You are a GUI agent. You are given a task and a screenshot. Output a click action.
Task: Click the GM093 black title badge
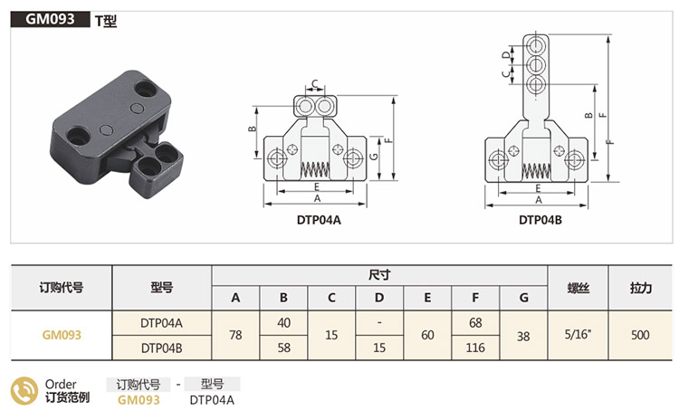click(51, 18)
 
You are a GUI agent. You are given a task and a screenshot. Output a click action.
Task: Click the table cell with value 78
click(235, 334)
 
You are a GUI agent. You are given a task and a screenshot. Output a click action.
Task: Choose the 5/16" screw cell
click(579, 334)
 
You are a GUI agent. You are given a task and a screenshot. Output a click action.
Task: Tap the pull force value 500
click(641, 334)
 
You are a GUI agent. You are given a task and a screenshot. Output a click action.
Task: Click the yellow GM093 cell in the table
click(62, 334)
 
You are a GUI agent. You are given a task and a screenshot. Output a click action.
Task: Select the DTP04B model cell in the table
click(162, 347)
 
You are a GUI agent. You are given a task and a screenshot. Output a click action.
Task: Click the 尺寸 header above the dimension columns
click(379, 274)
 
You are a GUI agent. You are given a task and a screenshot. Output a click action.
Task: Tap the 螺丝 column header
click(579, 287)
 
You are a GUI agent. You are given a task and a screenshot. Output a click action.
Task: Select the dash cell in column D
click(380, 321)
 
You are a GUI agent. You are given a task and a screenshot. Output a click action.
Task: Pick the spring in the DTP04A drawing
click(313, 168)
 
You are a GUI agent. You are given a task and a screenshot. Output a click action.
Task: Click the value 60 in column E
click(428, 334)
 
